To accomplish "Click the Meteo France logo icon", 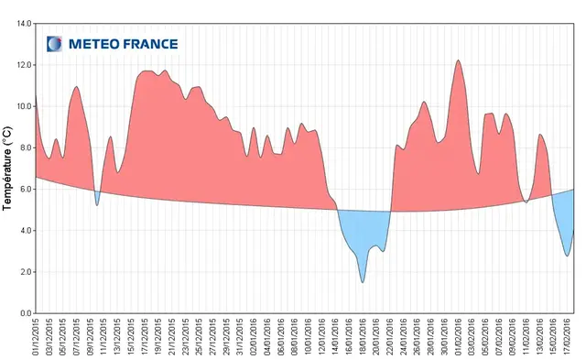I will pyautogui.click(x=55, y=43).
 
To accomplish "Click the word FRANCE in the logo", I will pyautogui.click(x=146, y=43).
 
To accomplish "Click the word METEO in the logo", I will pyautogui.click(x=91, y=43).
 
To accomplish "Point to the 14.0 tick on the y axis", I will pyautogui.click(x=23, y=23).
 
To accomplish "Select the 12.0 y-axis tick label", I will pyautogui.click(x=23, y=65).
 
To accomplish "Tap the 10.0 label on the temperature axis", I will pyautogui.click(x=23, y=106).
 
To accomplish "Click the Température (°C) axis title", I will pyautogui.click(x=7, y=169).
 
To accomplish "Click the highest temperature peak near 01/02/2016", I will pyautogui.click(x=458, y=60).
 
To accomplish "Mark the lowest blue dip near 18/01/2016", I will pyautogui.click(x=363, y=281).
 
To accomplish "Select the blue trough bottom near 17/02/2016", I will pyautogui.click(x=568, y=255).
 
